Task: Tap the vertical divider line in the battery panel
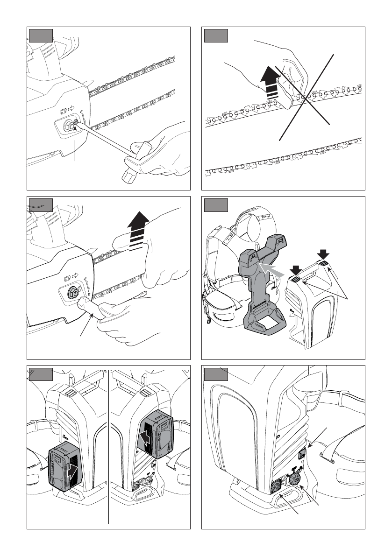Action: [x=109, y=448]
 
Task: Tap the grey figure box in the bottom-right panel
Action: [x=217, y=374]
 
